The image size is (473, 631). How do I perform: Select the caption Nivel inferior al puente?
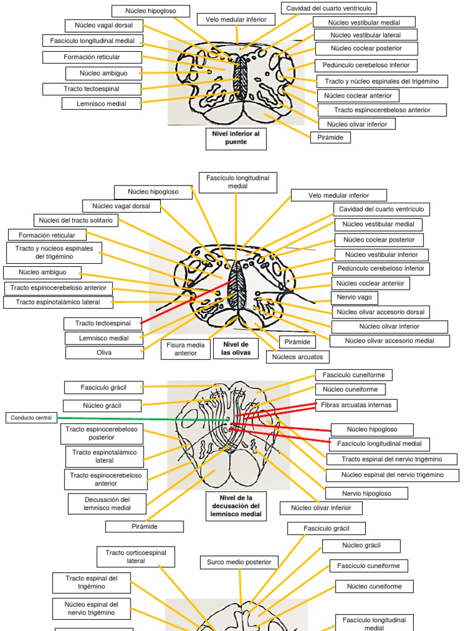pyautogui.click(x=236, y=137)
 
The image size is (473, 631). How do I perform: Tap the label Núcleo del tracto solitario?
pyautogui.click(x=74, y=220)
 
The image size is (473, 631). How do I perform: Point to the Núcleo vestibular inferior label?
pyautogui.click(x=381, y=254)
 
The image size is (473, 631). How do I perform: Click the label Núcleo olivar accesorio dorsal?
pyautogui.click(x=381, y=312)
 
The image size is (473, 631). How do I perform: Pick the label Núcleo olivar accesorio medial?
pyautogui.click(x=389, y=341)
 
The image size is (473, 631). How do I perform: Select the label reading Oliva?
pyautogui.click(x=104, y=352)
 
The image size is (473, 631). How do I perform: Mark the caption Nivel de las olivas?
pyautogui.click(x=235, y=348)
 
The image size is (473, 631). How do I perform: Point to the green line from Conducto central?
pyautogui.click(x=142, y=419)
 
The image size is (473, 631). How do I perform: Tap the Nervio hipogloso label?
pyautogui.click(x=366, y=493)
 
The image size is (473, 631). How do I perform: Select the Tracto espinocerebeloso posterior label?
pyautogui.click(x=102, y=433)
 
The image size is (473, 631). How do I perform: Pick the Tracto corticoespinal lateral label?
pyautogui.click(x=135, y=556)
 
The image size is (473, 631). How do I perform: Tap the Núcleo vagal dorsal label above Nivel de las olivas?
pyautogui.click(x=121, y=206)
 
